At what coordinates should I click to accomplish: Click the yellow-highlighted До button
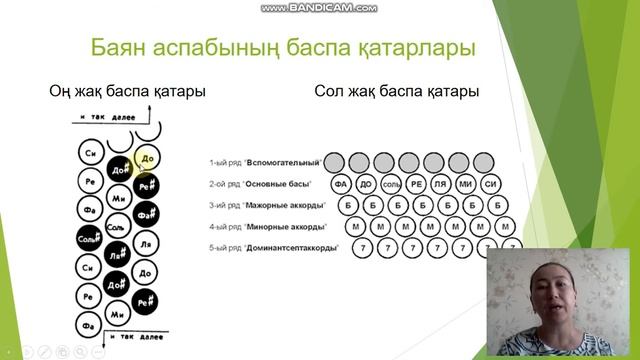147,157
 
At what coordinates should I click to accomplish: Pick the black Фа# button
146,212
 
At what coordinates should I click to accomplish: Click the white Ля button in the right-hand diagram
146,243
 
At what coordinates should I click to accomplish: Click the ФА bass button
341,185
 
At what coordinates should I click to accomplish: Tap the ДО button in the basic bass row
366,185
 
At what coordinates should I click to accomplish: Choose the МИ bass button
465,185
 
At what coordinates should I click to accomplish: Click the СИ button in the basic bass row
489,185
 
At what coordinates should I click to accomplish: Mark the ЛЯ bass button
440,185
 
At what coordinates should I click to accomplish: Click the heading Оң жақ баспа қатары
127,91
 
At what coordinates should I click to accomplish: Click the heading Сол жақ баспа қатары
396,91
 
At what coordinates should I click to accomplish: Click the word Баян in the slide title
119,48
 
